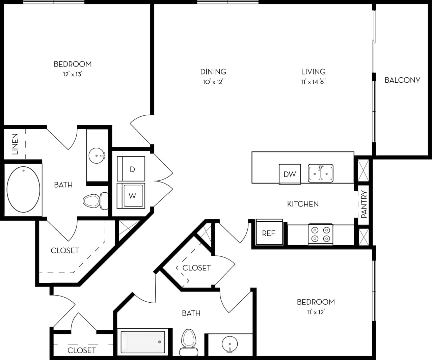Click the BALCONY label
click(x=402, y=80)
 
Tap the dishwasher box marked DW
click(x=290, y=174)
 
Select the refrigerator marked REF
click(x=269, y=233)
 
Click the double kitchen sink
click(x=320, y=173)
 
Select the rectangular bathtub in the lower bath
click(x=143, y=341)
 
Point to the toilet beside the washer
click(x=94, y=201)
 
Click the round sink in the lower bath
click(x=230, y=344)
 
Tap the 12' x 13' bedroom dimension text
click(x=73, y=74)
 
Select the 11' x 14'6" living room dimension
click(x=313, y=82)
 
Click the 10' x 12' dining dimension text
click(x=213, y=82)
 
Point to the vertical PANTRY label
click(x=364, y=204)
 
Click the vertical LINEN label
click(x=15, y=144)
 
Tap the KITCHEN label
click(x=303, y=204)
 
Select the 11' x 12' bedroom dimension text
click(x=316, y=312)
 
